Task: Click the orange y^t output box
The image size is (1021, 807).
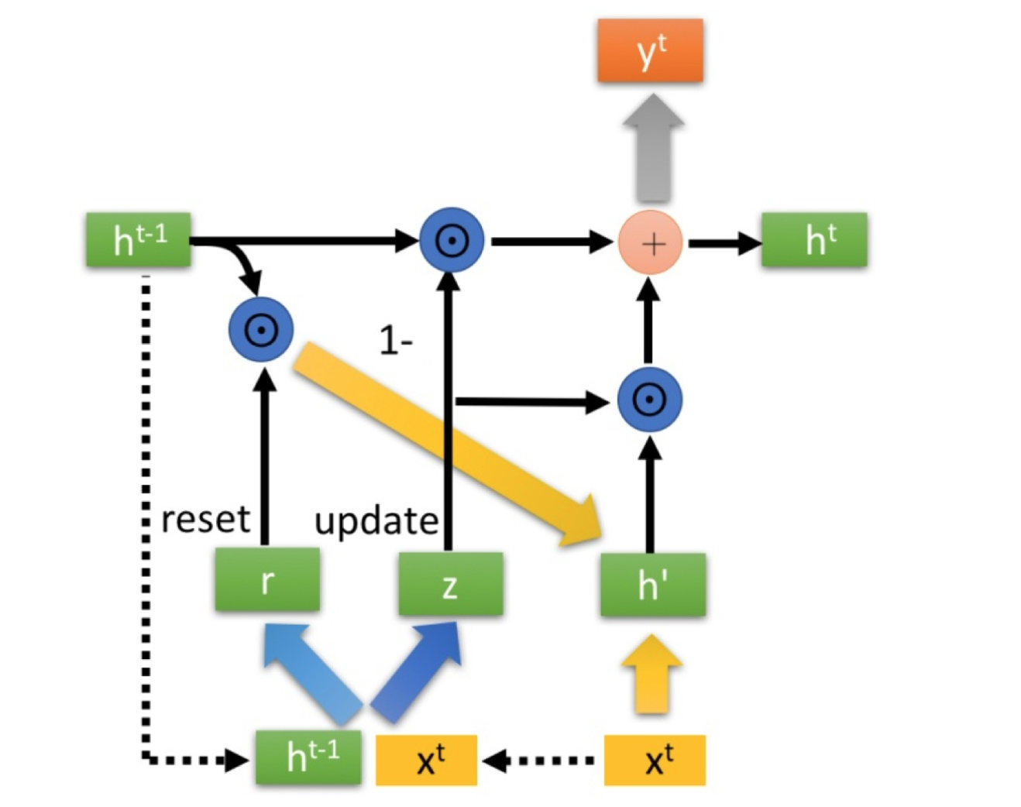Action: pyautogui.click(x=650, y=51)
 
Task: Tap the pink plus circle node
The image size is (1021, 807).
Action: pyautogui.click(x=651, y=243)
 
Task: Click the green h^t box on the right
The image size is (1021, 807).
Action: pyautogui.click(x=813, y=240)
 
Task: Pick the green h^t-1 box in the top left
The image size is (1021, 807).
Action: pyautogui.click(x=139, y=240)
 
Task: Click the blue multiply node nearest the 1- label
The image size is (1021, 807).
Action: pyautogui.click(x=452, y=241)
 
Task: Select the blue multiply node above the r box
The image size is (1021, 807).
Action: pyautogui.click(x=261, y=329)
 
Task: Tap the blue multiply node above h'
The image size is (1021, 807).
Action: pyautogui.click(x=649, y=400)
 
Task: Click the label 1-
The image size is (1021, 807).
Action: pyautogui.click(x=396, y=341)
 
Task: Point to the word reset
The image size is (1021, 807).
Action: pyautogui.click(x=205, y=519)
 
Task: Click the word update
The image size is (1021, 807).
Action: pyautogui.click(x=376, y=520)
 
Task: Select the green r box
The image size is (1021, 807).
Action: pyautogui.click(x=267, y=580)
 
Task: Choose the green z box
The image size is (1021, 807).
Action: pyautogui.click(x=450, y=585)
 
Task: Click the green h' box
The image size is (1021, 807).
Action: pyautogui.click(x=652, y=585)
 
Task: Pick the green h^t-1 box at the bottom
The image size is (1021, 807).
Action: pyautogui.click(x=309, y=757)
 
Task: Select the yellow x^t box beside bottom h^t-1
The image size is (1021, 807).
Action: pyautogui.click(x=427, y=760)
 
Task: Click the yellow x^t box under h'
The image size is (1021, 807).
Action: pyautogui.click(x=655, y=760)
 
